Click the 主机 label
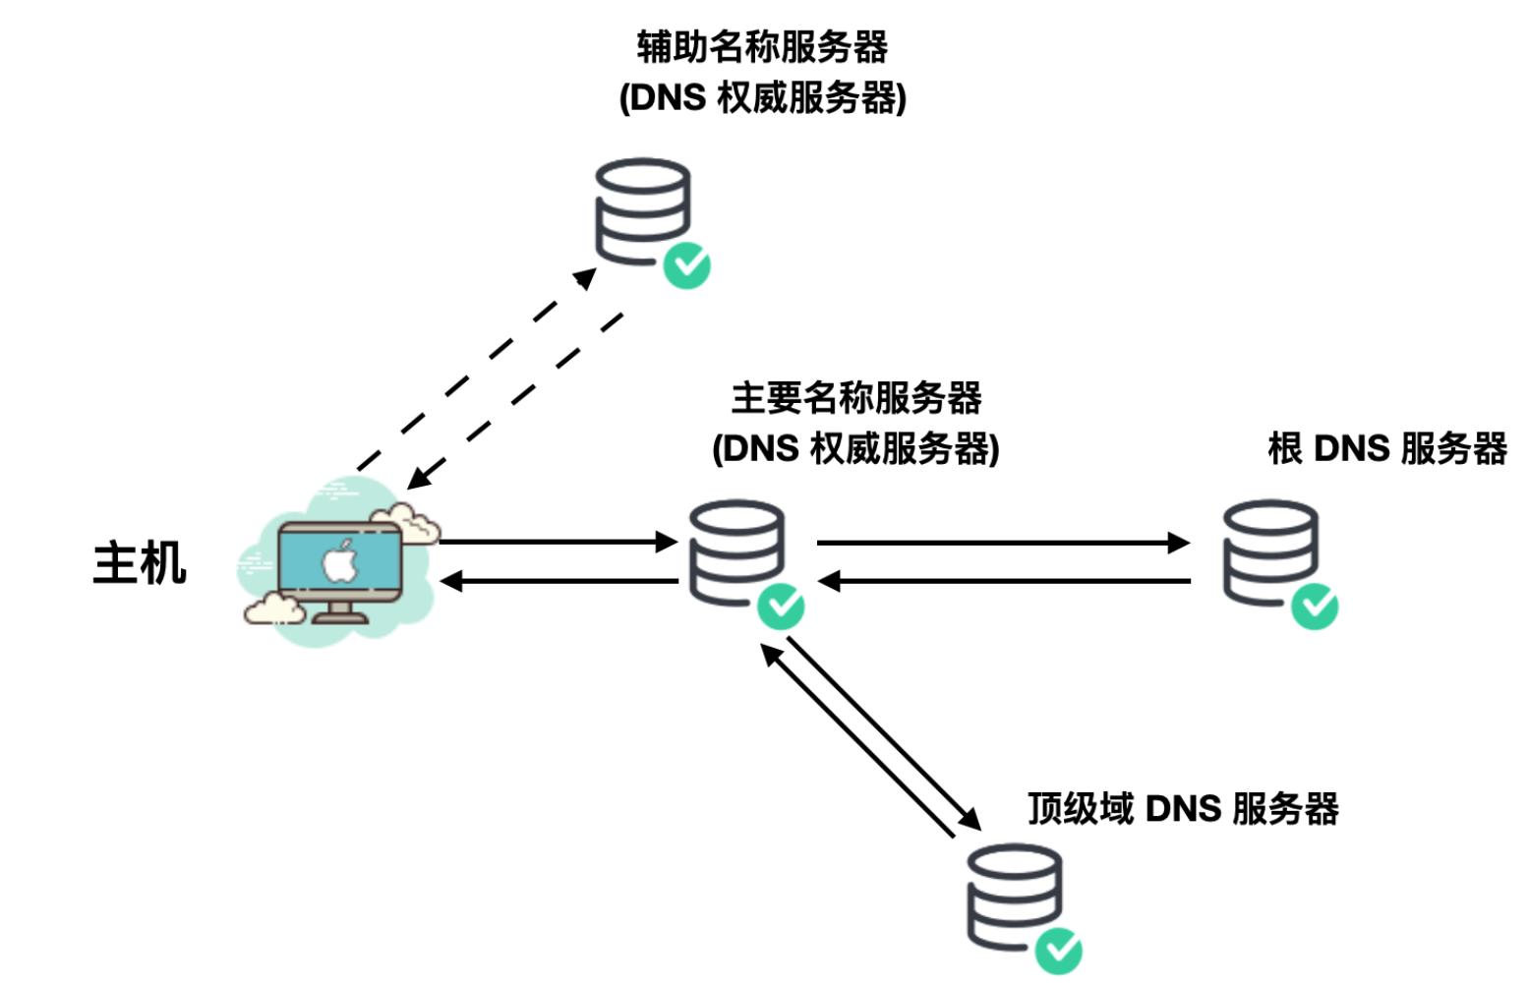[x=140, y=563]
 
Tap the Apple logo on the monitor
[x=340, y=561]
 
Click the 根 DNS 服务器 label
[x=1386, y=448]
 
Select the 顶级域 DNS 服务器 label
[x=1183, y=809]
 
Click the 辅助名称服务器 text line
[x=762, y=46]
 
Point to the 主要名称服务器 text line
[x=855, y=398]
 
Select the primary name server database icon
[x=736, y=552]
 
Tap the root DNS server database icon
[x=1269, y=552]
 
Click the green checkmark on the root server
[x=1315, y=606]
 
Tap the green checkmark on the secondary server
[x=686, y=265]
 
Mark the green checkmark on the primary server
[x=781, y=607]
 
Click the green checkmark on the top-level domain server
[x=1058, y=951]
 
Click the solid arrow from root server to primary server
[x=1003, y=581]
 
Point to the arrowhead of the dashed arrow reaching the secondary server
[x=585, y=278]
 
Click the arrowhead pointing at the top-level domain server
[x=970, y=819]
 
